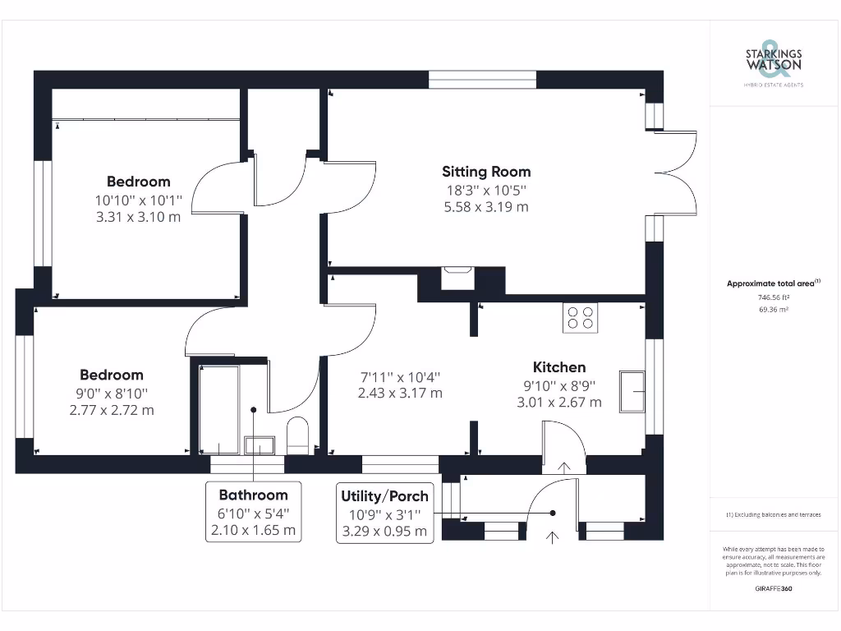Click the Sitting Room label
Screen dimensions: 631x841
click(x=486, y=172)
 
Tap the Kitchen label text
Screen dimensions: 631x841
click(x=558, y=367)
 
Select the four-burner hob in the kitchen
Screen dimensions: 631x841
click(x=580, y=317)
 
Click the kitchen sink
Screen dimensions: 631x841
click(x=632, y=390)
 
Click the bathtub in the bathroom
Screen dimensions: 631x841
click(x=219, y=408)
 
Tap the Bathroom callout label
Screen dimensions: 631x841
click(x=253, y=495)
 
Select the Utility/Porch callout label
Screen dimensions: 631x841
click(x=384, y=496)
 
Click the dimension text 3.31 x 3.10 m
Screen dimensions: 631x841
click(x=138, y=217)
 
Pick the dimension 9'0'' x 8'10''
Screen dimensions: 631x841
click(x=112, y=394)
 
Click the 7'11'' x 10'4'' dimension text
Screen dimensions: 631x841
click(x=400, y=376)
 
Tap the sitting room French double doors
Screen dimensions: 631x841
click(x=677, y=173)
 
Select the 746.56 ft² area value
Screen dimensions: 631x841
click(x=774, y=298)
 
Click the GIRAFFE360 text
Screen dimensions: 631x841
click(x=774, y=588)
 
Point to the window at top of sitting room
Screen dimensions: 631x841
click(x=482, y=80)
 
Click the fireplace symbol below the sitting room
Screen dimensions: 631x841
click(x=457, y=277)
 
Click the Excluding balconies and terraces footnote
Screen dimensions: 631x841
click(x=773, y=514)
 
